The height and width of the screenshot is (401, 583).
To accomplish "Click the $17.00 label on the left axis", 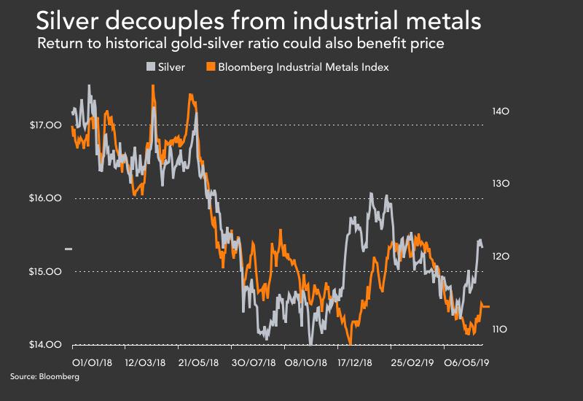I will [x=44, y=125].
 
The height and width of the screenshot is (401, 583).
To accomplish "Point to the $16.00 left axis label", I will [x=44, y=198].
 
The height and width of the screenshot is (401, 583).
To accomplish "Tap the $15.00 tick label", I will [x=44, y=272].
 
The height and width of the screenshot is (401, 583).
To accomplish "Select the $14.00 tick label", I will [x=44, y=345].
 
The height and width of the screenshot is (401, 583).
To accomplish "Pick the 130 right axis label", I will [x=499, y=184].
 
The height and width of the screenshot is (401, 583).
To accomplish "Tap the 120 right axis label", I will [x=499, y=257].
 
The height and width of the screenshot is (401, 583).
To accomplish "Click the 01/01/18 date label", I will [x=91, y=361].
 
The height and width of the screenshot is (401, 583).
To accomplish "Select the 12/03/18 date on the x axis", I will [x=145, y=361].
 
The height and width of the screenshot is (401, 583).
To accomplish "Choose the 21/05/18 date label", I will [x=198, y=361].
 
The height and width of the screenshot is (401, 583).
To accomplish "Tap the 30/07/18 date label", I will [x=252, y=361].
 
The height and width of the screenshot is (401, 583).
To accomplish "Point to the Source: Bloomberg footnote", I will [x=44, y=378].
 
